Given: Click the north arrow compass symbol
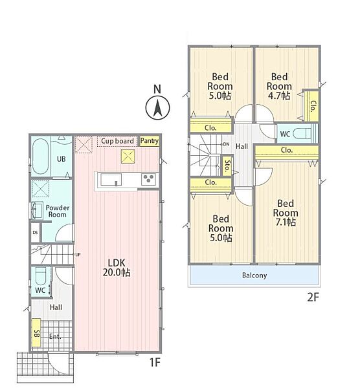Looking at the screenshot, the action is tap(157, 108).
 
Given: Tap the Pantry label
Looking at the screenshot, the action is tap(150, 141).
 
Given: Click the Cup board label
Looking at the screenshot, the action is tap(117, 141).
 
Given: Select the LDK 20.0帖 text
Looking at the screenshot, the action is tap(117, 268).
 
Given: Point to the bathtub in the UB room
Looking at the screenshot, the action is tap(40, 156).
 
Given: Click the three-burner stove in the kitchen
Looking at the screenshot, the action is tap(149, 179).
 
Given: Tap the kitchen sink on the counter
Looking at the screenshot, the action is tap(111, 179).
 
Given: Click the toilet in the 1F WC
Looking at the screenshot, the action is tap(41, 276).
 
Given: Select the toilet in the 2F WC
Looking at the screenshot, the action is tap(302, 134).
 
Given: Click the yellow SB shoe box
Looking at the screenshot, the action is tap(36, 332).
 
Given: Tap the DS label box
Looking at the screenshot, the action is tap(35, 233).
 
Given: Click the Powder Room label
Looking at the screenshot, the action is tap(58, 211).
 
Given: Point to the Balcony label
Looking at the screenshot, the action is tap(254, 275).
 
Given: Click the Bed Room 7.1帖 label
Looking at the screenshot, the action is tap(286, 213).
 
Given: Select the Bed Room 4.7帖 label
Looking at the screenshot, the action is tap(279, 86).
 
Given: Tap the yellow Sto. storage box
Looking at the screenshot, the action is tap(227, 166).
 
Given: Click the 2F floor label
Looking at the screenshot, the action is tap(313, 297).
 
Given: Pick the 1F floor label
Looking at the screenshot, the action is tap(155, 363).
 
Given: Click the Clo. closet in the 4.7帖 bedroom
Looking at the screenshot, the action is tap(311, 106).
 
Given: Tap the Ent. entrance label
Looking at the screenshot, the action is tap(55, 336).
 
